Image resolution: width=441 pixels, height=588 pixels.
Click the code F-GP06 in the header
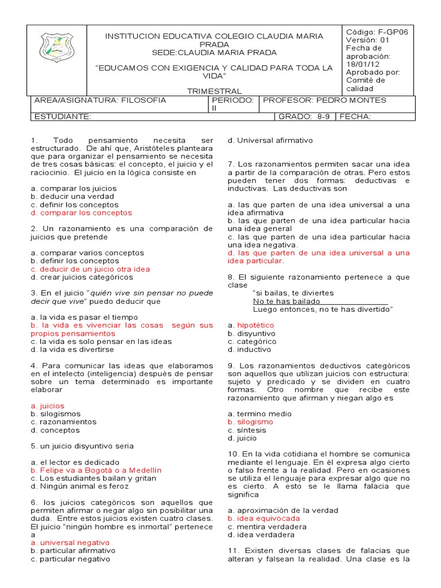377,32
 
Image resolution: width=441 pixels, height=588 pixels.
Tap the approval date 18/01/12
361,64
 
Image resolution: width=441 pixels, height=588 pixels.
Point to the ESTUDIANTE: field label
63,117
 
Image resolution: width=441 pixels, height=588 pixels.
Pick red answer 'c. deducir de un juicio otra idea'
90,269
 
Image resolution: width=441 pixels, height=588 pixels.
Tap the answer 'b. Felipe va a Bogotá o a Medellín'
96,470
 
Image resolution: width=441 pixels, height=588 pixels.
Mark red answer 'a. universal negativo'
70,542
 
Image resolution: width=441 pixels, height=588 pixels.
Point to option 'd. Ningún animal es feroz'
80,486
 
